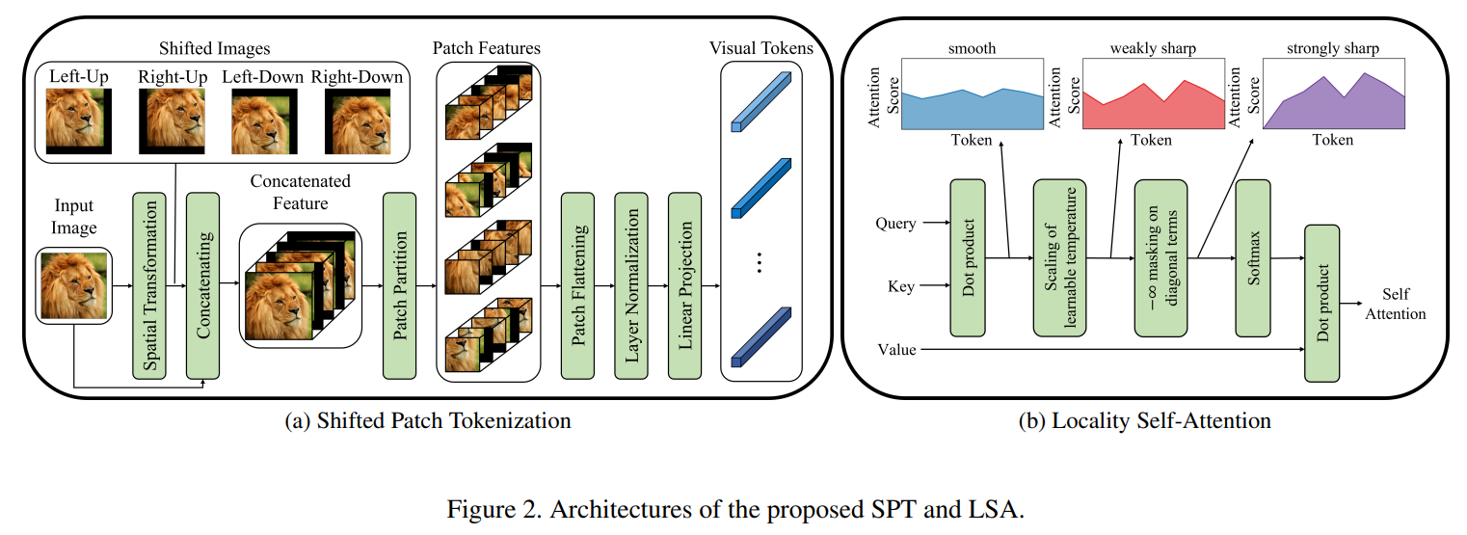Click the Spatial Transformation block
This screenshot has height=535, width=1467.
pos(149,285)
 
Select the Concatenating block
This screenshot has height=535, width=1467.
pos(203,285)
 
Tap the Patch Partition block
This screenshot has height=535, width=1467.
pos(399,285)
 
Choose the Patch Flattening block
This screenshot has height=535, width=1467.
pos(577,285)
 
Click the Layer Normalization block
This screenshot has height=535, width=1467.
pos(631,285)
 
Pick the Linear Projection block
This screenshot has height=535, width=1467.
pos(685,285)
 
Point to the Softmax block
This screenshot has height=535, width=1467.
pos(1253,258)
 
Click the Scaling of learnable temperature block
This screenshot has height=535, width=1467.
pos(1059,258)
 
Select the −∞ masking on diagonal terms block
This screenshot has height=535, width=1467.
pos(1161,258)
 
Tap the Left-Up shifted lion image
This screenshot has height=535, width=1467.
pos(79,121)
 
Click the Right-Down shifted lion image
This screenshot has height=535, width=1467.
pos(358,121)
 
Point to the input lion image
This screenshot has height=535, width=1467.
pos(74,285)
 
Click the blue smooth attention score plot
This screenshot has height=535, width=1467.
pos(973,94)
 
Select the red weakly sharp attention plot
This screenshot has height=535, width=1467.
pos(1154,94)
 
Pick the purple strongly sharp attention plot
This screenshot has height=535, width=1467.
pos(1334,94)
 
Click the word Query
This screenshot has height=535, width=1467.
pos(896,224)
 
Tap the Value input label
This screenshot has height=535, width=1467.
pos(896,350)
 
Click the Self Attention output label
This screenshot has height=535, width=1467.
pos(1395,304)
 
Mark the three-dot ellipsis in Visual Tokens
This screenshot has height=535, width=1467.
pos(760,262)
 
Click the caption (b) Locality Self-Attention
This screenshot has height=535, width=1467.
pos(1145,420)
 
